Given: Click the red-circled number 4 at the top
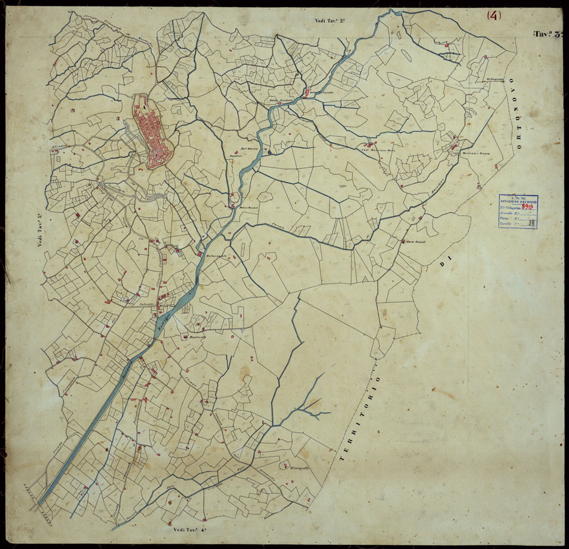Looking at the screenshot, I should (494, 16).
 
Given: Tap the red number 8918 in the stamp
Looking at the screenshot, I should (525, 207).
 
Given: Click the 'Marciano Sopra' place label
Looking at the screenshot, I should (475, 152).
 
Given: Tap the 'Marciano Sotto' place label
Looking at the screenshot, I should (378, 149).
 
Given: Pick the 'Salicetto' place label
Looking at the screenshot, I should (146, 304).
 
